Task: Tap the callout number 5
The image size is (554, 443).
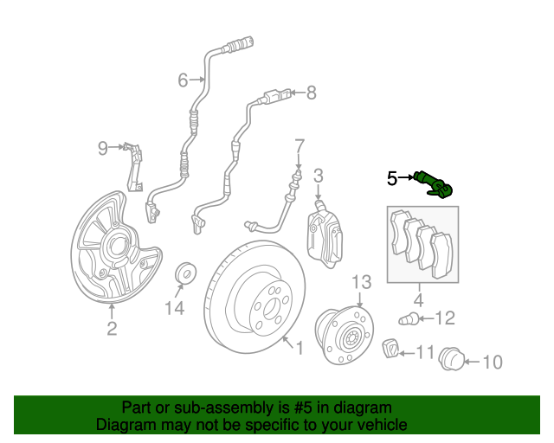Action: point(392,178)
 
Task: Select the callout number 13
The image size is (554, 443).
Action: point(362,282)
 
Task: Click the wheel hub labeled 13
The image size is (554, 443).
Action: point(345,336)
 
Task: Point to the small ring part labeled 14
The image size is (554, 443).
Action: point(186,273)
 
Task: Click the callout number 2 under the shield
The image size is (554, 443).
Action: point(112,329)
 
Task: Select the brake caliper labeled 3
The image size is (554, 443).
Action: point(325,233)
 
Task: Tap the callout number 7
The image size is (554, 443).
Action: point(299,146)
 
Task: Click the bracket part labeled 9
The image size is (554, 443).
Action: point(134,167)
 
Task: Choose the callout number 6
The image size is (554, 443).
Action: point(183,80)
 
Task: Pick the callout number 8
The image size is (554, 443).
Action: point(311,93)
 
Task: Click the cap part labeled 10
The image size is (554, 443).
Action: point(451,359)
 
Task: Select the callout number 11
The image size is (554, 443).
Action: point(425,352)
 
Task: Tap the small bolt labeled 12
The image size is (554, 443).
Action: point(409,320)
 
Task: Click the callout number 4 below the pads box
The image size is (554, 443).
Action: point(418,300)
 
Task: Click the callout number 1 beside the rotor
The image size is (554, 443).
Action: point(300,348)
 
